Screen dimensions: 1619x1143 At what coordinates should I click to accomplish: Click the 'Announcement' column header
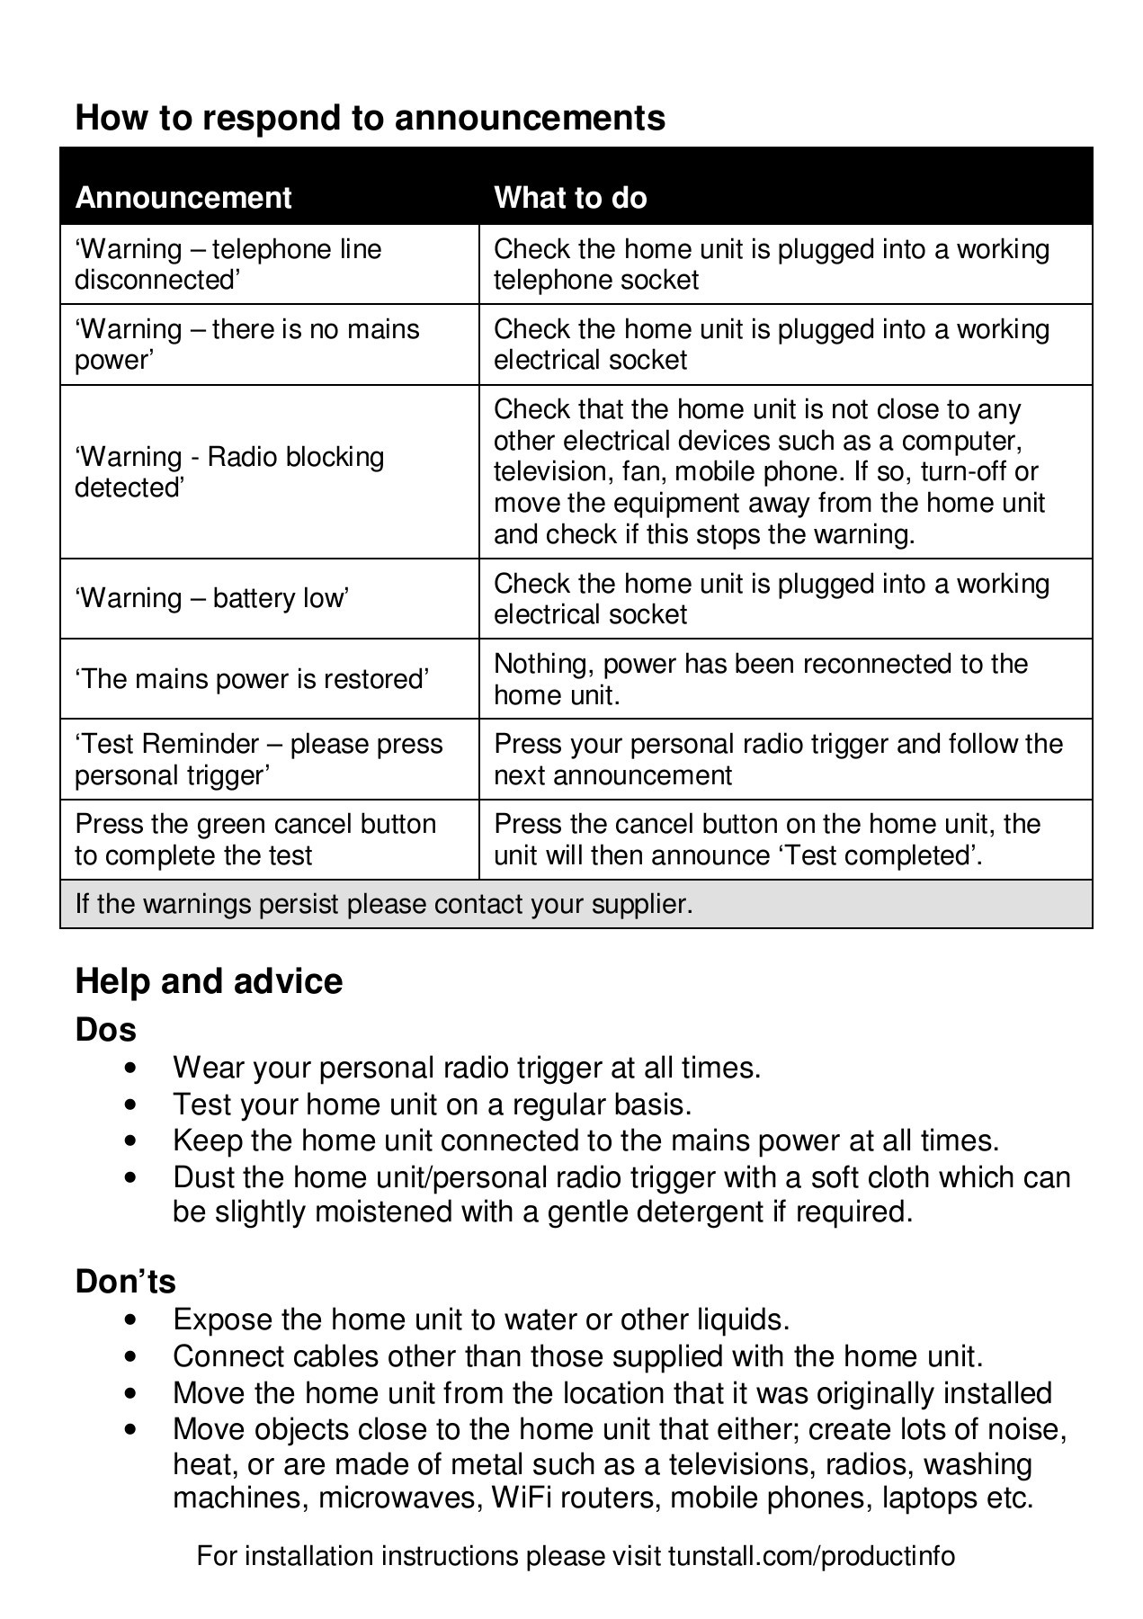click(x=183, y=198)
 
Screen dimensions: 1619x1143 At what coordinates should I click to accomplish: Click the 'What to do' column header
click(x=570, y=198)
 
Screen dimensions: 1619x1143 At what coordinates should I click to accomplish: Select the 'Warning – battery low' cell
click(x=212, y=599)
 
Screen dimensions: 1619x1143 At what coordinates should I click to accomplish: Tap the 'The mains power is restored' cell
click(x=253, y=679)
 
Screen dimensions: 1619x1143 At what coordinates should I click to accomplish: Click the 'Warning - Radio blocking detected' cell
click(x=229, y=472)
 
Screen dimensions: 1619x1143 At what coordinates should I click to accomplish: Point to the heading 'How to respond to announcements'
click(x=371, y=118)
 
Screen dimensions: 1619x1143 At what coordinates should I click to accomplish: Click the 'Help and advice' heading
click(x=209, y=981)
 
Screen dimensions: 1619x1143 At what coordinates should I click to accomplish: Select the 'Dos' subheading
click(x=106, y=1030)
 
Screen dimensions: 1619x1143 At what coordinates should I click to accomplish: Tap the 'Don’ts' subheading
click(x=126, y=1282)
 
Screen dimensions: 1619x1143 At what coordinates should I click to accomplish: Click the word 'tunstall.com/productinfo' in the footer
click(x=811, y=1556)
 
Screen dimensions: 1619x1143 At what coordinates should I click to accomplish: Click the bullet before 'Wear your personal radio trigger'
click(x=132, y=1069)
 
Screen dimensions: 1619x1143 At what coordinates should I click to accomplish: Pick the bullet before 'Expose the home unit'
click(x=132, y=1320)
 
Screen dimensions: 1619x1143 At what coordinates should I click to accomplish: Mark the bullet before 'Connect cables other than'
click(x=132, y=1357)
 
